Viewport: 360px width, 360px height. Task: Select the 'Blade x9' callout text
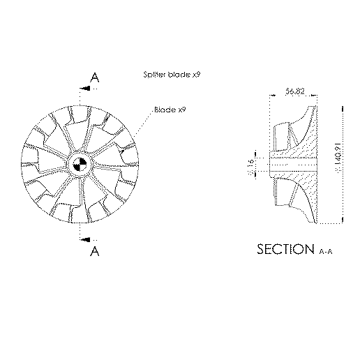(x=170, y=110)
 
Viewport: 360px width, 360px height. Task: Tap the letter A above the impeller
(x=95, y=78)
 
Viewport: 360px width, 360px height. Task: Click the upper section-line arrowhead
(x=83, y=89)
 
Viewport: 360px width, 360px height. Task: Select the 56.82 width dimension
(x=295, y=91)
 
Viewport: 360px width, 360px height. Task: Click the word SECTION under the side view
(x=285, y=249)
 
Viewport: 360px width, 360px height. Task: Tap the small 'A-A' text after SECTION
(x=326, y=251)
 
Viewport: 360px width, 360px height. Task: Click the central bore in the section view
(x=293, y=165)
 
